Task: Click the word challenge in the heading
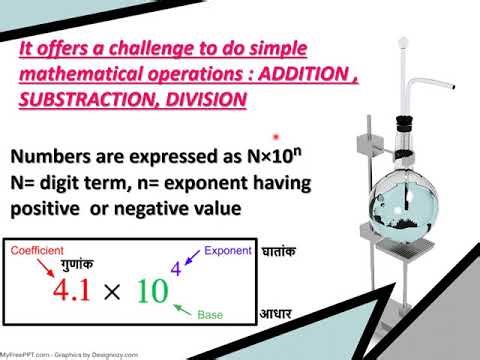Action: pyautogui.click(x=145, y=48)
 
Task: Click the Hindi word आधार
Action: pyautogui.click(x=277, y=314)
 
